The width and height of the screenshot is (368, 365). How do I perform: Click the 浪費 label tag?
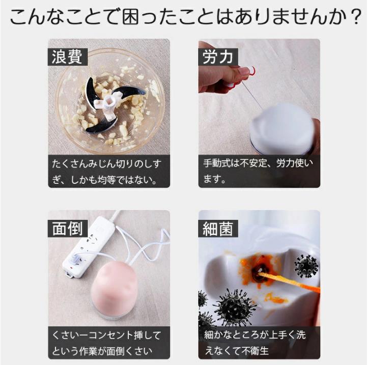(x=68, y=57)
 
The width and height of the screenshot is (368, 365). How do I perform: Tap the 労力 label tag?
(x=218, y=57)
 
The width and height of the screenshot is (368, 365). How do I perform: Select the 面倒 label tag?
(x=68, y=229)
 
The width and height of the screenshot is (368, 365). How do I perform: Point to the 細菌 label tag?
(x=218, y=229)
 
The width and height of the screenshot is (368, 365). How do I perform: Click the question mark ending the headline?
(x=355, y=16)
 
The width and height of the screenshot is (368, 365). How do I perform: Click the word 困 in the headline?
(x=130, y=16)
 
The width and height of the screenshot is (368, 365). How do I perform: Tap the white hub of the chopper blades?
(x=108, y=106)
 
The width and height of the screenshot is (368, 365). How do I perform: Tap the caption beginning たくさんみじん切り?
(x=107, y=172)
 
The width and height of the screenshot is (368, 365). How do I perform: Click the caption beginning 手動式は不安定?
(x=258, y=171)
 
